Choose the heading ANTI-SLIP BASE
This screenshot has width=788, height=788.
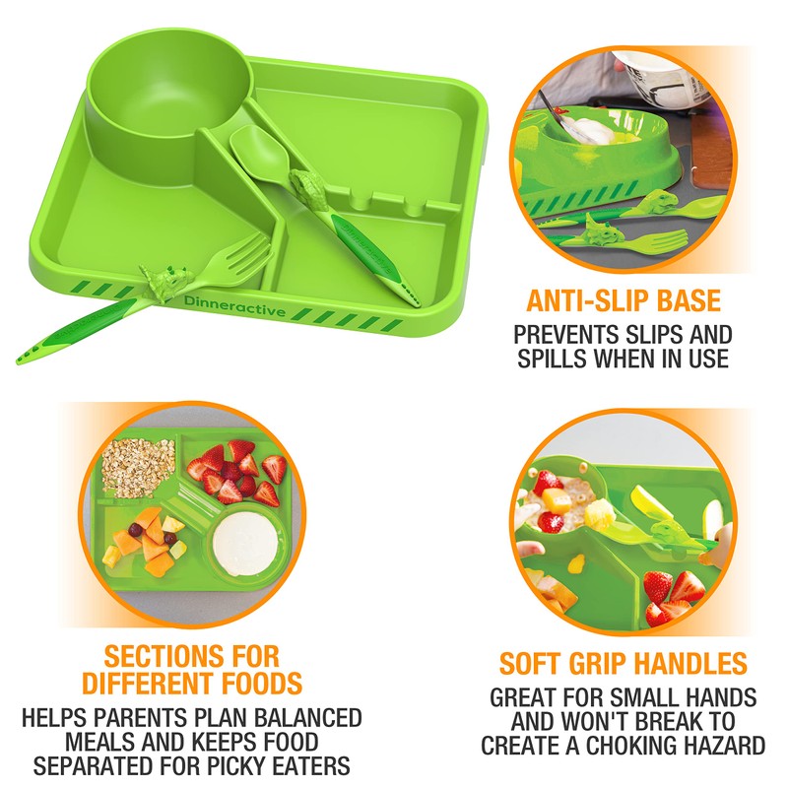click(x=624, y=300)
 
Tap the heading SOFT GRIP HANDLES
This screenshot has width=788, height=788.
click(x=623, y=663)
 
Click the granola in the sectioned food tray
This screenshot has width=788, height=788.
click(x=139, y=466)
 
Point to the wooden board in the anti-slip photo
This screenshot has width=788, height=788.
click(x=719, y=163)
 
